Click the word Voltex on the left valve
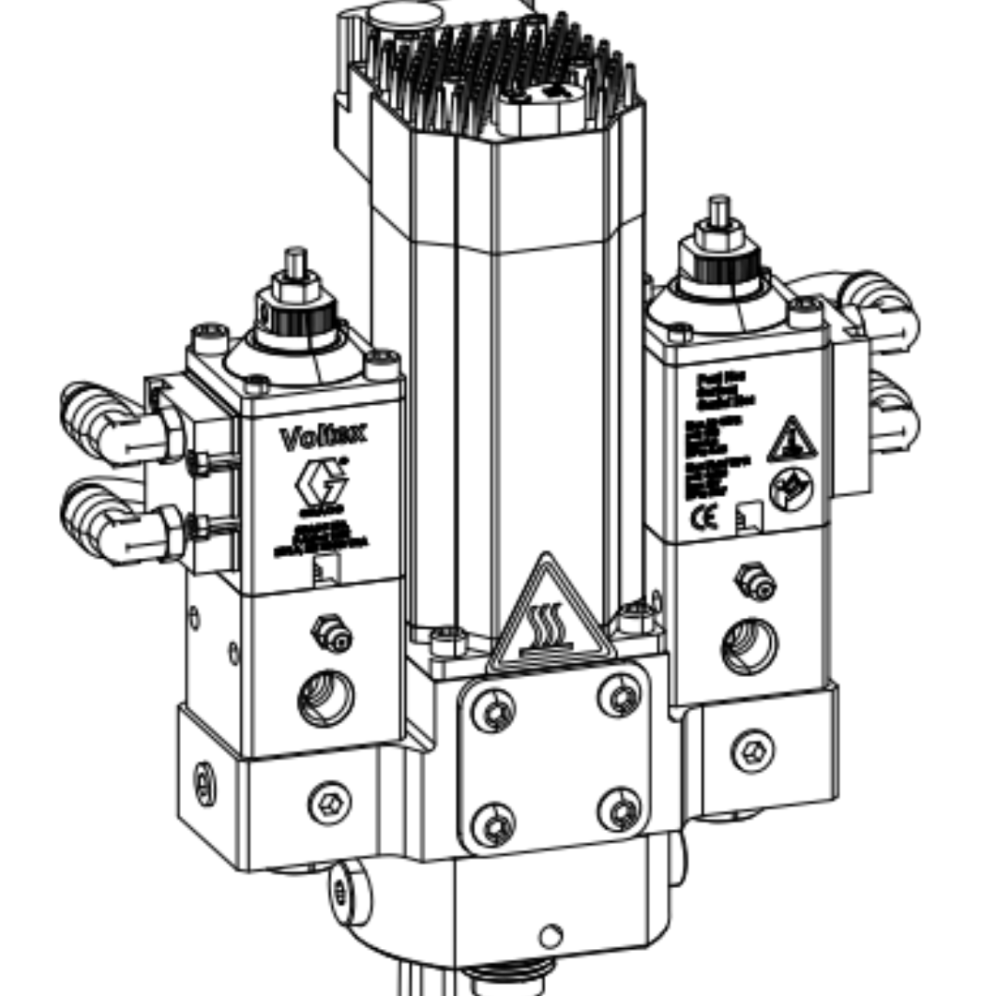pyautogui.click(x=322, y=436)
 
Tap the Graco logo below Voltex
pyautogui.click(x=321, y=483)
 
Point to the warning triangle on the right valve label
pyautogui.click(x=791, y=441)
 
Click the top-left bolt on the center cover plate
pyautogui.click(x=494, y=711)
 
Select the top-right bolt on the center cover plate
pyautogui.click(x=619, y=695)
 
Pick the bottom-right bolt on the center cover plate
pyautogui.click(x=619, y=810)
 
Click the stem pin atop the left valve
pyautogui.click(x=295, y=262)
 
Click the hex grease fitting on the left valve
pyautogui.click(x=331, y=634)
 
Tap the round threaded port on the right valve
pyautogui.click(x=749, y=646)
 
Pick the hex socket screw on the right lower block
pyautogui.click(x=753, y=752)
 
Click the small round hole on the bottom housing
pyautogui.click(x=551, y=937)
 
